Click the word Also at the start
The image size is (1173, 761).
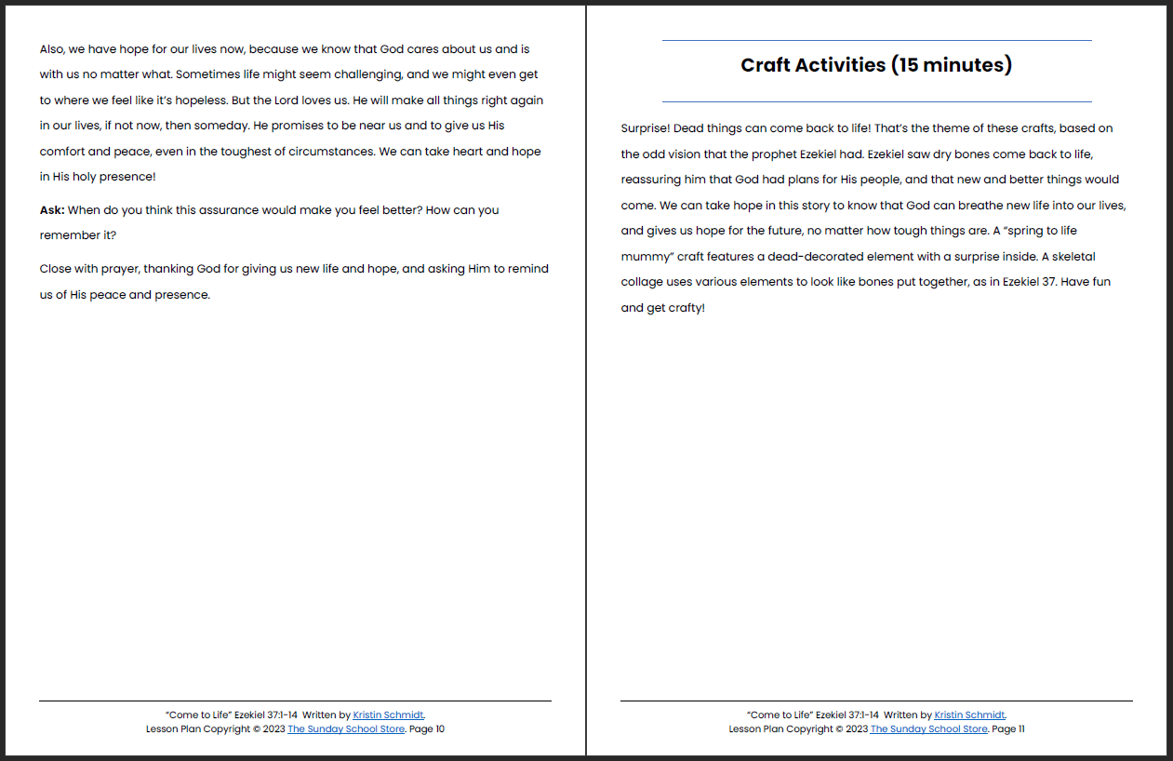coord(53,48)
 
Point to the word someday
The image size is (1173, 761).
coord(193,125)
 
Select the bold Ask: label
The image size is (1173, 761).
coord(52,210)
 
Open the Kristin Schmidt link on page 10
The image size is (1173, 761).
coord(388,715)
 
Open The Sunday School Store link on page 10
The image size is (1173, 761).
coord(346,729)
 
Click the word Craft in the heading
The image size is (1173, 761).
coord(766,65)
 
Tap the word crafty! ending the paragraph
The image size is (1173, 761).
coord(686,307)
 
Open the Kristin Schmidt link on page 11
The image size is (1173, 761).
coord(969,715)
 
